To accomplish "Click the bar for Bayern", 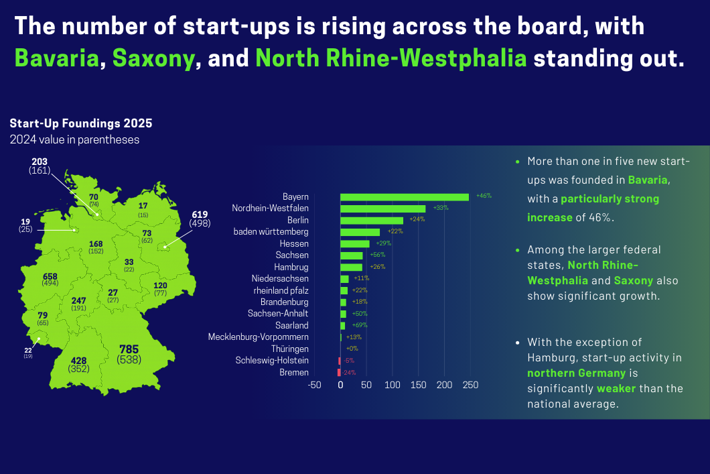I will point(405,197).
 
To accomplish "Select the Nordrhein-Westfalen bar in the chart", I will point(382,209).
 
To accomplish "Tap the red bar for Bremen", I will point(339,372).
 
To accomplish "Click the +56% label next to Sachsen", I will point(377,255).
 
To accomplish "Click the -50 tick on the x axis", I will point(314,386).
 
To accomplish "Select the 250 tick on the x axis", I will point(470,386).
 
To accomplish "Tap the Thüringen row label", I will point(289,349).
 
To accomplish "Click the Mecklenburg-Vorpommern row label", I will point(259,337).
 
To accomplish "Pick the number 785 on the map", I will point(129,349).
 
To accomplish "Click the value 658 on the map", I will point(50,276).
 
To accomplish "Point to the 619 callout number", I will point(200,215).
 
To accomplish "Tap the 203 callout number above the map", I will point(40,162).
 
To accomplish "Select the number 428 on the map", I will point(78,360).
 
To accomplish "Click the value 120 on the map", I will point(160,286).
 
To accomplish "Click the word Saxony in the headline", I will point(153,58).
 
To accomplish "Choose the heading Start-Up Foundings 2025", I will point(80,124).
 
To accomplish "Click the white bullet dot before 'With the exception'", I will point(517,343).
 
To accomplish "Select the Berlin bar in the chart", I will point(371,220).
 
